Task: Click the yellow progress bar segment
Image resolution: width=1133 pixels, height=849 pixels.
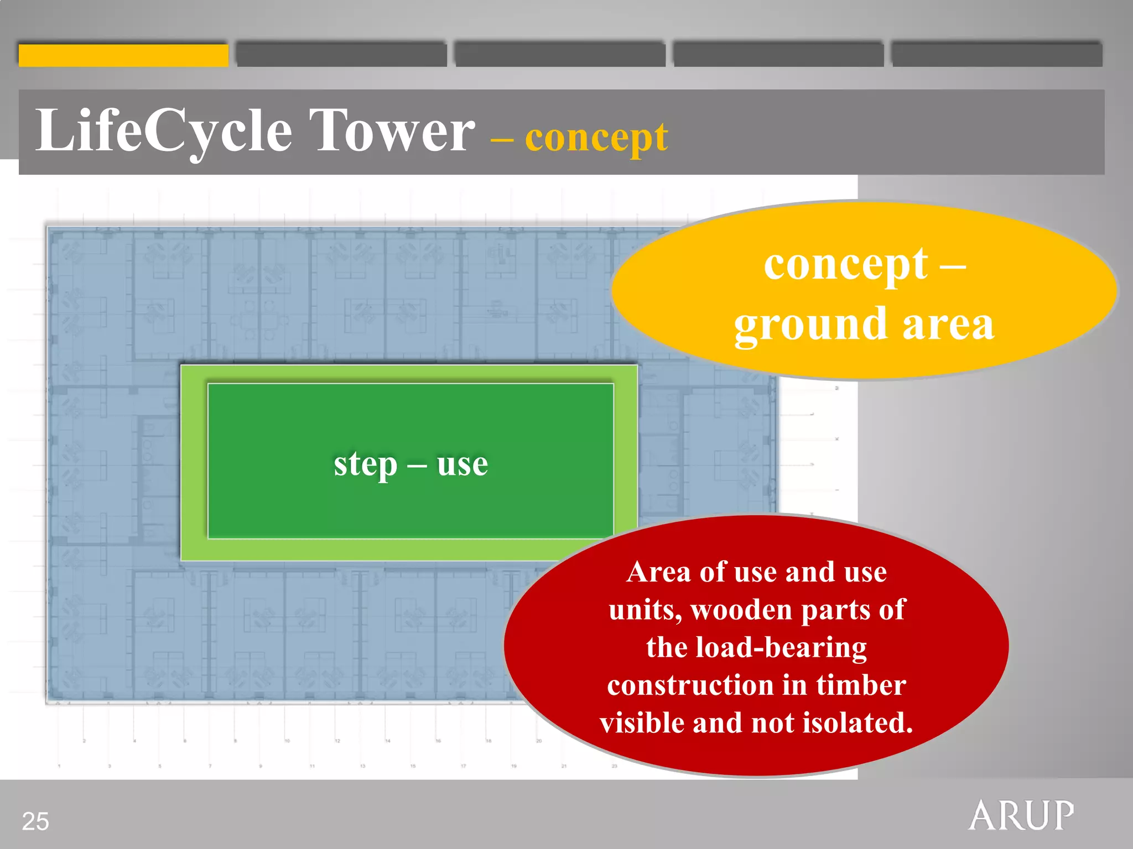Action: coord(123,55)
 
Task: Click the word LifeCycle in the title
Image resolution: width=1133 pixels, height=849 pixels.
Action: coord(163,132)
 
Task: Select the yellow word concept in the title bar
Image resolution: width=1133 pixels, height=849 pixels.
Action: coord(596,138)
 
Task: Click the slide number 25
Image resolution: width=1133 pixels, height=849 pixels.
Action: coord(35,821)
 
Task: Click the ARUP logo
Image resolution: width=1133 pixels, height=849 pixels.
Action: coord(1021,815)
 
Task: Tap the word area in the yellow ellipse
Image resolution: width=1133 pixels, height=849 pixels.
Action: coord(948,325)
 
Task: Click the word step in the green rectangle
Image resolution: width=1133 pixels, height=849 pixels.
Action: coord(365,464)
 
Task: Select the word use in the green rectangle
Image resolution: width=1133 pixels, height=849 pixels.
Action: coord(462,464)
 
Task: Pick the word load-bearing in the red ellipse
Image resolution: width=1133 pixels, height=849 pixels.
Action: coord(781,648)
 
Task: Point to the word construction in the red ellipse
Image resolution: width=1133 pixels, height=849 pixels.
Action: coord(690,685)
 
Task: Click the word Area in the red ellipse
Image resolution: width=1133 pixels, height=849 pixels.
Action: coord(658,572)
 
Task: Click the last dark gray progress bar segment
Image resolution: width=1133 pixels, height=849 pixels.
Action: coord(997,55)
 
